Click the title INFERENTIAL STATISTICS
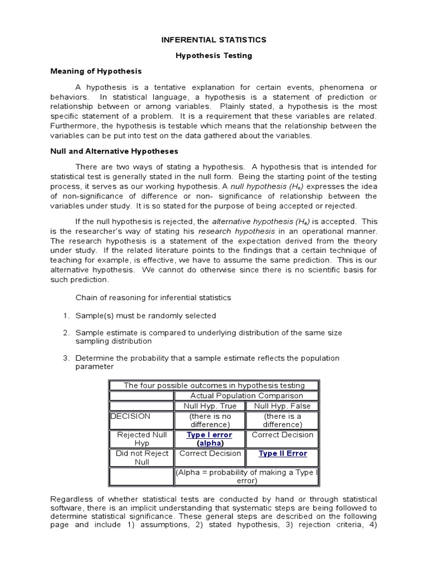point(214,40)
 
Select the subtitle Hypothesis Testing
point(214,55)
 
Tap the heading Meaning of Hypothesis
point(96,71)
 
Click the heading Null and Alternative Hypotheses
point(114,151)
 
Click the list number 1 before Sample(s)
point(65,316)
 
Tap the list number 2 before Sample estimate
point(65,332)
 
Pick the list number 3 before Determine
point(65,358)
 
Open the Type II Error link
point(283,453)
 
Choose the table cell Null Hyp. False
point(283,406)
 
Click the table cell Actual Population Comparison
point(246,396)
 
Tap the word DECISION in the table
point(130,416)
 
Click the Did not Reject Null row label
point(142,458)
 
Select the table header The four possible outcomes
point(214,385)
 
